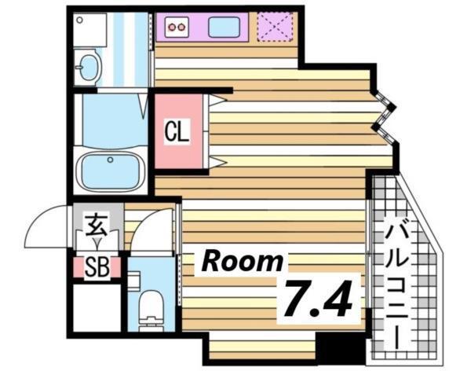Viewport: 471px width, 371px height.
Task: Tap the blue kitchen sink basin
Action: pos(224,28)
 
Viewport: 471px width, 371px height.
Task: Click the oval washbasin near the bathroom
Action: pos(86,67)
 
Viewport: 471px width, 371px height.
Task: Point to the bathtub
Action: pos(110,167)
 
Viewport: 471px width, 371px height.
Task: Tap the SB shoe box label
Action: pos(97,267)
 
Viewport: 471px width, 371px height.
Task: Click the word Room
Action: pos(243,262)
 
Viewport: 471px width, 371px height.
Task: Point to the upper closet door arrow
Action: pos(217,100)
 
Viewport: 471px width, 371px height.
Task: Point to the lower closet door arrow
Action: pos(217,163)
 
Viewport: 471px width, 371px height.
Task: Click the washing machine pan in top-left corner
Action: pos(83,28)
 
